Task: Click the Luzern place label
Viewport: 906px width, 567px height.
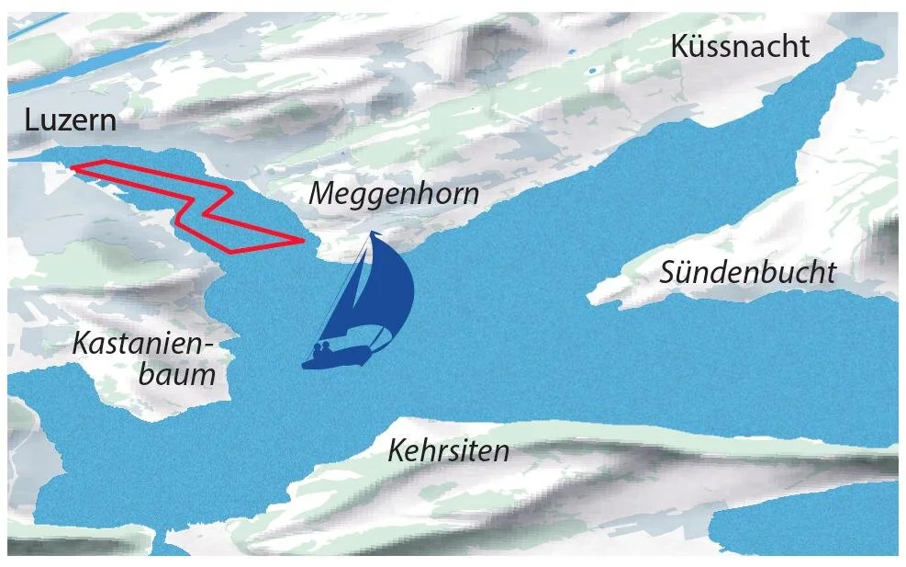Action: (72, 119)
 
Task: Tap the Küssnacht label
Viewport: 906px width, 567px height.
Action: (740, 46)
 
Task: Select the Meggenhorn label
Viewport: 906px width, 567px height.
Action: (394, 194)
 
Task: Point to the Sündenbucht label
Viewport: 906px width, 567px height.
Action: (748, 272)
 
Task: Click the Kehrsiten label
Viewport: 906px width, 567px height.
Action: (448, 450)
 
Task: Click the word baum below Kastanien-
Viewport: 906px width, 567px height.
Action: (177, 373)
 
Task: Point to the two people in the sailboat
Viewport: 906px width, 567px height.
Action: (322, 348)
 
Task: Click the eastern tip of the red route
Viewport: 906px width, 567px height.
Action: (302, 241)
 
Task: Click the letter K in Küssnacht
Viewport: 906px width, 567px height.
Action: (681, 46)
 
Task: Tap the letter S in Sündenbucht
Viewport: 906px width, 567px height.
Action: (669, 272)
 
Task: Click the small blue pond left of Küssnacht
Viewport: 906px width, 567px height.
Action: (592, 69)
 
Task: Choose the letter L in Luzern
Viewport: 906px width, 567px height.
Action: (32, 119)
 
